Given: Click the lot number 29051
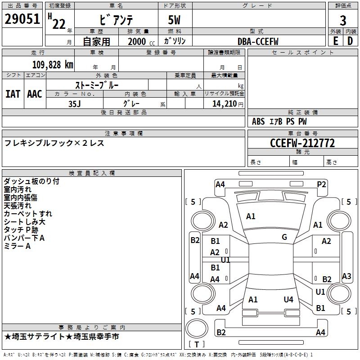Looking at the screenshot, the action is tap(22, 19).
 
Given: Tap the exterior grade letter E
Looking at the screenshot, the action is tap(335, 40).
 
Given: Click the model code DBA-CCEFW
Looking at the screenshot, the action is tap(258, 41).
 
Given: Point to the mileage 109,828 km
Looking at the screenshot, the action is tap(53, 64).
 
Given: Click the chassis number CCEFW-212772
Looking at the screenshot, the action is tap(302, 143).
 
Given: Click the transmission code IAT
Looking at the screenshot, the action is tap(13, 94).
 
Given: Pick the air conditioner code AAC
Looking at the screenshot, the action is tap(34, 94).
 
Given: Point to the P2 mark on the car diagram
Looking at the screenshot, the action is tap(321, 184).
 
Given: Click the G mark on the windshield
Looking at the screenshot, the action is tap(284, 237).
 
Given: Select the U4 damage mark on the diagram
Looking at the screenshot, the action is tap(288, 299).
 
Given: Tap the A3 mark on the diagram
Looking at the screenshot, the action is tap(346, 276).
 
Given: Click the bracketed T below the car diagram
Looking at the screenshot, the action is tap(196, 345).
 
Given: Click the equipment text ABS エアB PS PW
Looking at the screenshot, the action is tap(279, 121).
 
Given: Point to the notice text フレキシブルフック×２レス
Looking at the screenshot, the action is tap(54, 143).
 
